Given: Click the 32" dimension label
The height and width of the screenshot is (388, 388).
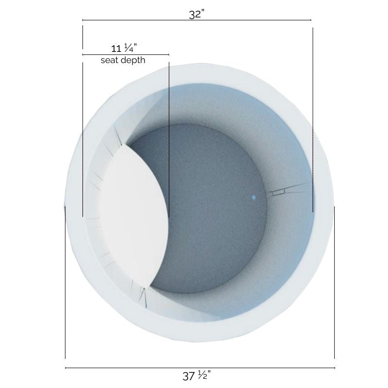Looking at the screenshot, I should point(196,14).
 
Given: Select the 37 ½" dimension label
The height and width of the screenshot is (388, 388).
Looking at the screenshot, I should point(196,375).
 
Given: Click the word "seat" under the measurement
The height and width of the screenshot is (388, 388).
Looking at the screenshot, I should point(110,61).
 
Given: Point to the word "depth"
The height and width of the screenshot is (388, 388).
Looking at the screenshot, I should point(133,61).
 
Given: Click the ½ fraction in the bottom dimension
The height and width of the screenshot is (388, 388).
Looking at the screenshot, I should point(203,375).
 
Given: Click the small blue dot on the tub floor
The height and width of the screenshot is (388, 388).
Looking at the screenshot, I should point(253,197).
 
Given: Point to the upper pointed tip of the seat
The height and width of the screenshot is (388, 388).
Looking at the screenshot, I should point(128,145).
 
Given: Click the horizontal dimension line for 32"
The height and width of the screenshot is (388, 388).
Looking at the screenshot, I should point(242,20).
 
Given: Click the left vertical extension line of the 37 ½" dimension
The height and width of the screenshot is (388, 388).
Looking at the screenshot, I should point(65,291).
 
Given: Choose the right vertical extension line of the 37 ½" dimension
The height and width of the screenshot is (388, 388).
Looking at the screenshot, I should point(334,291).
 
